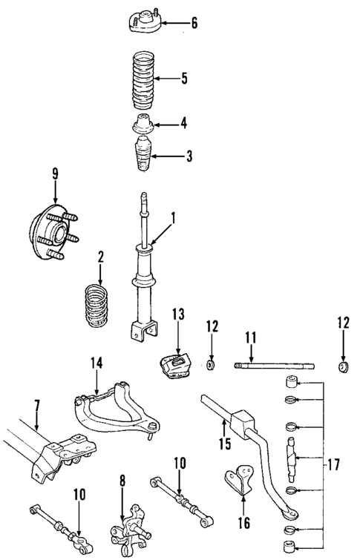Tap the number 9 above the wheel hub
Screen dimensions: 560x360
(x=54, y=175)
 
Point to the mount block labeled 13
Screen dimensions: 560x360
(x=175, y=369)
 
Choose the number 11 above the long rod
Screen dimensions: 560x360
(x=251, y=338)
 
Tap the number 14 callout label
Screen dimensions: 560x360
(x=96, y=363)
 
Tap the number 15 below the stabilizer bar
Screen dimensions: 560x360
(x=224, y=445)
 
